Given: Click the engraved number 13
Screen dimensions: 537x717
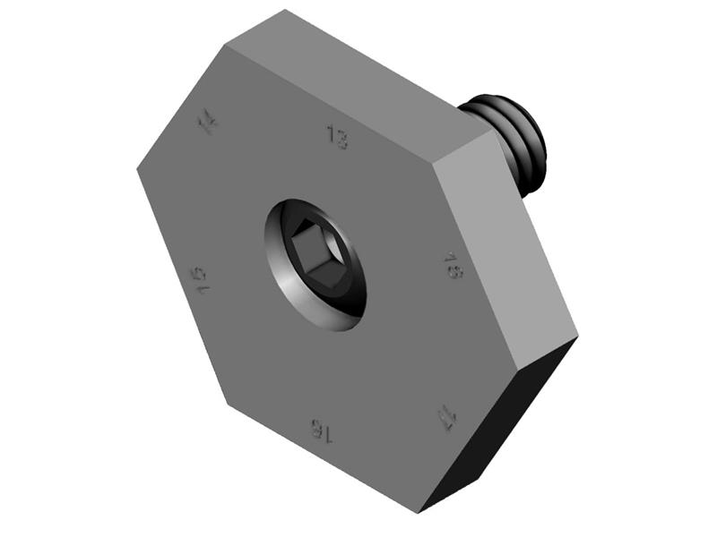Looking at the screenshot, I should pos(337,137).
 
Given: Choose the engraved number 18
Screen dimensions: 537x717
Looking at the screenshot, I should pos(454,266).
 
